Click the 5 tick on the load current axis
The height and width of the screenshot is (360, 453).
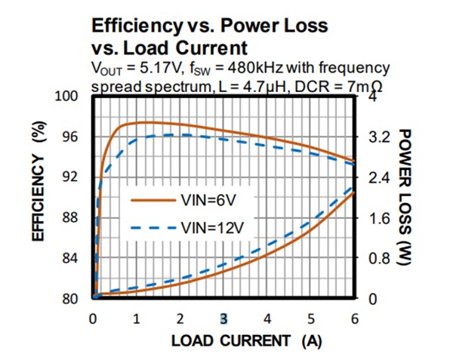pyautogui.click(x=311, y=317)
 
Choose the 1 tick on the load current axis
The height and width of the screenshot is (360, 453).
pyautogui.click(x=136, y=317)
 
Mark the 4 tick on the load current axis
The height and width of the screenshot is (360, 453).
pyautogui.click(x=267, y=317)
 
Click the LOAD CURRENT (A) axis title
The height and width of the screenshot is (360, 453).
pyautogui.click(x=246, y=340)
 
